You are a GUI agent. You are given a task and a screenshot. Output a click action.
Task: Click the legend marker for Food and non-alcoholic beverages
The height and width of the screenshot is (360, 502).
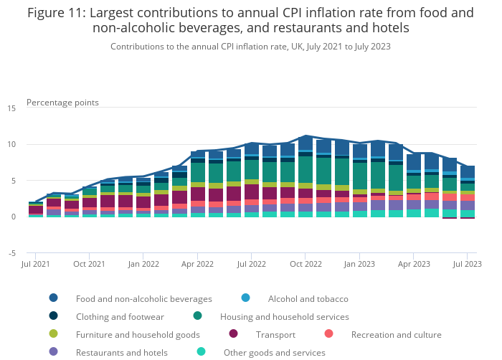click(x=54, y=298)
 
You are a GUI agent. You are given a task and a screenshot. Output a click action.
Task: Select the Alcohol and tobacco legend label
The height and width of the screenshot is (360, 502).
click(x=308, y=298)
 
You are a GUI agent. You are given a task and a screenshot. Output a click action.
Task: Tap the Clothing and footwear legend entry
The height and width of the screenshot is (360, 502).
click(x=120, y=316)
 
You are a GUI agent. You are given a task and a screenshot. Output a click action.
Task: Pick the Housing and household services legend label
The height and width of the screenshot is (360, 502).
click(x=284, y=316)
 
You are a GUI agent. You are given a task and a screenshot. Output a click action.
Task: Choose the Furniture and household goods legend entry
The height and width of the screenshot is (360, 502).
click(x=138, y=334)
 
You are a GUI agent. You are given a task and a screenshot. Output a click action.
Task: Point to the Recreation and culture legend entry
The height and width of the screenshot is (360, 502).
click(x=396, y=334)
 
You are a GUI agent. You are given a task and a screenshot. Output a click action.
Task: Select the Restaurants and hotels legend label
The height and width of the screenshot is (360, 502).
click(x=121, y=352)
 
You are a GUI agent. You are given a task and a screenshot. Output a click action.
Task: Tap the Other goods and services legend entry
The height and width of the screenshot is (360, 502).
click(x=274, y=352)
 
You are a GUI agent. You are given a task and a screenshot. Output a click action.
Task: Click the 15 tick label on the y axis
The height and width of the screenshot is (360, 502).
click(x=11, y=108)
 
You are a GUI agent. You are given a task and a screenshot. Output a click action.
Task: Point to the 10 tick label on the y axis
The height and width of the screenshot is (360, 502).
click(x=11, y=145)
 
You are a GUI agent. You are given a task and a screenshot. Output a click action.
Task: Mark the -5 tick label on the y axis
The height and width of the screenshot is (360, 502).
click(x=12, y=253)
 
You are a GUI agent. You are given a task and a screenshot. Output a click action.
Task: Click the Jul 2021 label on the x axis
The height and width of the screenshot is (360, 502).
click(x=36, y=265)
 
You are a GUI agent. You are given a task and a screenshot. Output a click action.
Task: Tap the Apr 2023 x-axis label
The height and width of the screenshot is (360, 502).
click(x=414, y=265)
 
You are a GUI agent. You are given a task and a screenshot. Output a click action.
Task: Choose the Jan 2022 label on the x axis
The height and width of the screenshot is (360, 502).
click(x=143, y=265)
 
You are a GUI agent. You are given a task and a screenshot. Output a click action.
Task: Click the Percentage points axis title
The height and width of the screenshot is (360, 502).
click(x=62, y=103)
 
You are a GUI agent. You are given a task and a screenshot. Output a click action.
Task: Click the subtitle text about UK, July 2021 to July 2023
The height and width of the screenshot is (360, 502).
click(x=250, y=46)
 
